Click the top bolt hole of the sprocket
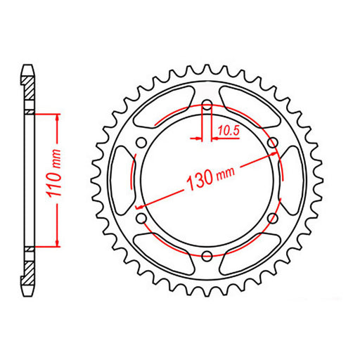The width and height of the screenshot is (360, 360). coord(207,105)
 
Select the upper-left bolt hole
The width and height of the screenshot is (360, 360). coord(141,143)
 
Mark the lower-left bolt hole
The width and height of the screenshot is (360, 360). coord(141,219)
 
